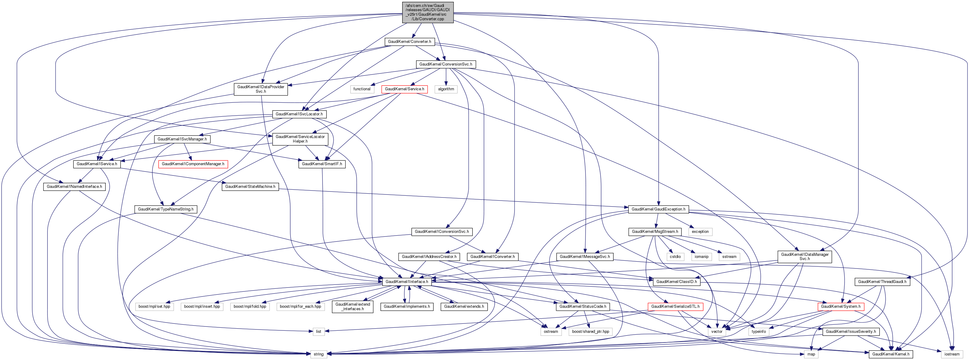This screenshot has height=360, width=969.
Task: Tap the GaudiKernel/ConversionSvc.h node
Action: pyautogui.click(x=445, y=64)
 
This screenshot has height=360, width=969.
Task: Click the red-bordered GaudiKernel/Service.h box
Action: pyautogui.click(x=404, y=89)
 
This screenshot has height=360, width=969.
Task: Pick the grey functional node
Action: pyautogui.click(x=361, y=89)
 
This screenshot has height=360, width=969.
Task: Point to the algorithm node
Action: pyautogui.click(x=446, y=89)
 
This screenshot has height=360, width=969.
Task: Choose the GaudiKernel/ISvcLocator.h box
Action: pyautogui.click(x=299, y=114)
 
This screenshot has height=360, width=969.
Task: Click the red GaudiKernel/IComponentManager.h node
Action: pyautogui.click(x=193, y=164)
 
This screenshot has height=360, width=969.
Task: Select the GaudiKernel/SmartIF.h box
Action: pyautogui.click(x=322, y=164)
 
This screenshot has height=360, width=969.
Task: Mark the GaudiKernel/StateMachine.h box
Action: pyautogui.click(x=250, y=187)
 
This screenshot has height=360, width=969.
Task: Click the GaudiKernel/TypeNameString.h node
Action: pyautogui.click(x=165, y=209)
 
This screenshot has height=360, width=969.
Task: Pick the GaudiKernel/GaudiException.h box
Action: pyautogui.click(x=658, y=209)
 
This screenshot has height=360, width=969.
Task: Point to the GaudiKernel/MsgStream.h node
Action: pyautogui.click(x=655, y=232)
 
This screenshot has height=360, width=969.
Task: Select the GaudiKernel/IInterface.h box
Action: pyautogui.click(x=407, y=281)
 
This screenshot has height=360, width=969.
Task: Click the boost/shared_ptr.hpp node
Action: pyautogui.click(x=590, y=331)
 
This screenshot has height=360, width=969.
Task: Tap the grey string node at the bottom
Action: pyautogui.click(x=318, y=354)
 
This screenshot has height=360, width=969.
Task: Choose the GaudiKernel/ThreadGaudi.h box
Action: pyautogui.click(x=882, y=281)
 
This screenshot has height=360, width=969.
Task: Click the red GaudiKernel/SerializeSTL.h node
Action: pyautogui.click(x=675, y=307)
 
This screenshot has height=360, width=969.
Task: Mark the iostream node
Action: pyautogui.click(x=952, y=354)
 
